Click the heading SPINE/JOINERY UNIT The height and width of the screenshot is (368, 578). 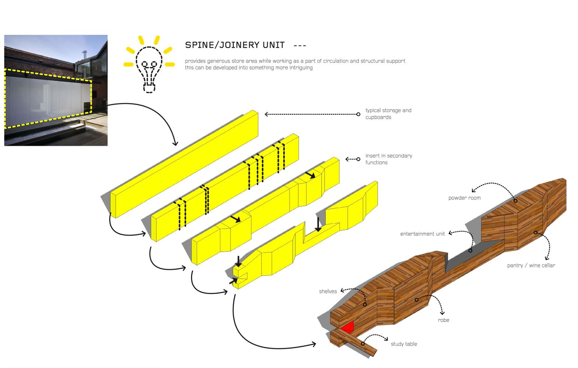point(235,45)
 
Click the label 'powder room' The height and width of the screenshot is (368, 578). point(464,198)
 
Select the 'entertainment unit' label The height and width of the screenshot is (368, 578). point(422,234)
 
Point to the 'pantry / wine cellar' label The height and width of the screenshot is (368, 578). point(531,265)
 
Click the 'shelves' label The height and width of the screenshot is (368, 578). point(328,291)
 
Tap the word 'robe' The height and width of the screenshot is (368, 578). point(443,320)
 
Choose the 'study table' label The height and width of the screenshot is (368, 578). point(404,344)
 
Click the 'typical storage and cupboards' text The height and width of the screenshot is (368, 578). point(388,114)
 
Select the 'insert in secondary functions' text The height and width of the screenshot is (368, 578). point(388,159)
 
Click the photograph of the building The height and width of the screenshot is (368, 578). point(56,90)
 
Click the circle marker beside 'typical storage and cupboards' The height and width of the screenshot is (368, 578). point(358,114)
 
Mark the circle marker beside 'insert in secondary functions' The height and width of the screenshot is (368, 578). point(358,159)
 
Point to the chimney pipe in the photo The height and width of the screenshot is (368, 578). point(84,55)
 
